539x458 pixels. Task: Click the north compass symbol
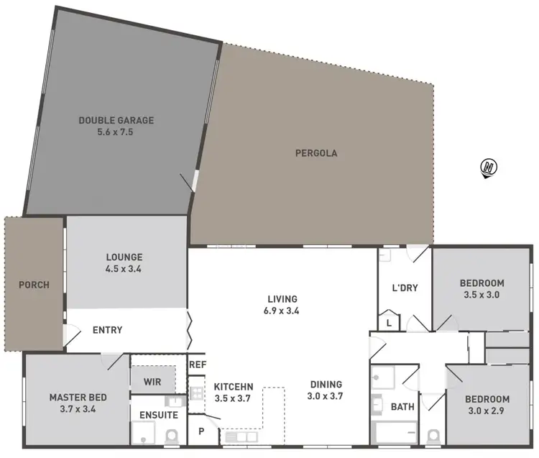point(489,168)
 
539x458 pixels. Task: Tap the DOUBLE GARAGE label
point(116,120)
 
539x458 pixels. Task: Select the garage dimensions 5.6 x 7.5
point(116,132)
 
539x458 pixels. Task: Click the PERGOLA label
point(316,153)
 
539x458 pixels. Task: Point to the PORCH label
point(34,285)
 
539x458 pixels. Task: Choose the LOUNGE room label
point(124,257)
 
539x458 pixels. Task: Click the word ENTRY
point(107,331)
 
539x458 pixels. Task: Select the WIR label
point(152,381)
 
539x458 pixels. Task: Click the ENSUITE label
point(154,415)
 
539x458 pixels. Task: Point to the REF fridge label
point(198,365)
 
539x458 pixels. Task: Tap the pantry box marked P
point(201,431)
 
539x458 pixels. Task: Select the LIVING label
point(282,298)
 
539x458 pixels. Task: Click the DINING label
point(326,384)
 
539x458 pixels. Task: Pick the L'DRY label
point(405,288)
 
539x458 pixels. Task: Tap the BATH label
point(402,407)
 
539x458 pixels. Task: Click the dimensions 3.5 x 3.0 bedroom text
point(482,294)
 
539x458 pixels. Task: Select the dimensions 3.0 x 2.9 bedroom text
point(487,411)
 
